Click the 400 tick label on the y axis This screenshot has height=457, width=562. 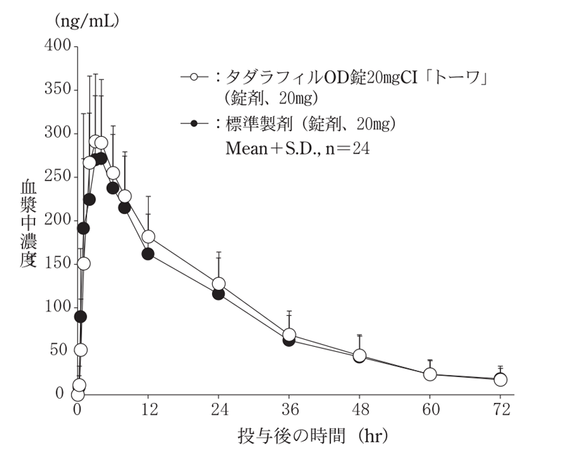pos(58,46)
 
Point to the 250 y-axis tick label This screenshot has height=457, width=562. pos(58,176)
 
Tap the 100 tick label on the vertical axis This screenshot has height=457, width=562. pos(58,307)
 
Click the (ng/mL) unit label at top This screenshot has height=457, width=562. pos(86,21)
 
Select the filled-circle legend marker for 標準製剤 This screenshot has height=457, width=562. pos(192,124)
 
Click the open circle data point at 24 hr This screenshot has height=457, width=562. pos(218,284)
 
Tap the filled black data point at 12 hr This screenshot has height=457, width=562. pos(148,253)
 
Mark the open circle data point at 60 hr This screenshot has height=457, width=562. pos(429,374)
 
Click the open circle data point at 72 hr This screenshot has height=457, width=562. pos(500,379)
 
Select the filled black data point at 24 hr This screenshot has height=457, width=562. pos(218,293)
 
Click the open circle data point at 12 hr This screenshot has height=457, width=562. pos(148,237)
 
